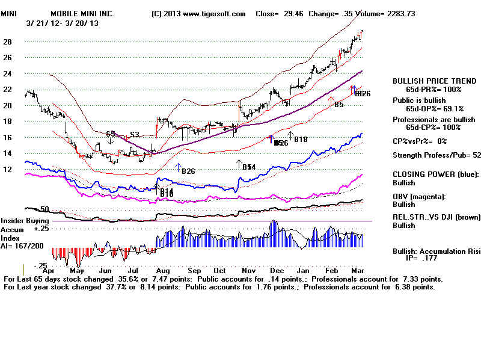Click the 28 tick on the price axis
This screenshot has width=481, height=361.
(x=8, y=42)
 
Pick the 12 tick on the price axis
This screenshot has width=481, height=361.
(x=8, y=169)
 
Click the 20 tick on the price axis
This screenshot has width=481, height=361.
(x=8, y=106)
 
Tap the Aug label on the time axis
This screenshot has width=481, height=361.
(x=161, y=271)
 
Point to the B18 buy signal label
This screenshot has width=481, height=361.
(x=300, y=140)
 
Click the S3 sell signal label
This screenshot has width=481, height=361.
(x=135, y=134)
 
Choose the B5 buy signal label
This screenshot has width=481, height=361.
(x=339, y=105)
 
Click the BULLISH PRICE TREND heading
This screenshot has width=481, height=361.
(x=426, y=81)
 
